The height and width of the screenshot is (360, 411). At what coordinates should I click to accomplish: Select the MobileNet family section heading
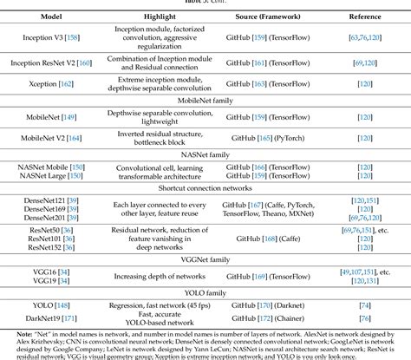click(x=205, y=101)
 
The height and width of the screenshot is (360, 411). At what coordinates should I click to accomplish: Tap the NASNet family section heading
click(x=205, y=154)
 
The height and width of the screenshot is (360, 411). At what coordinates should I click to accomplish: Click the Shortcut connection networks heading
click(x=205, y=188)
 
